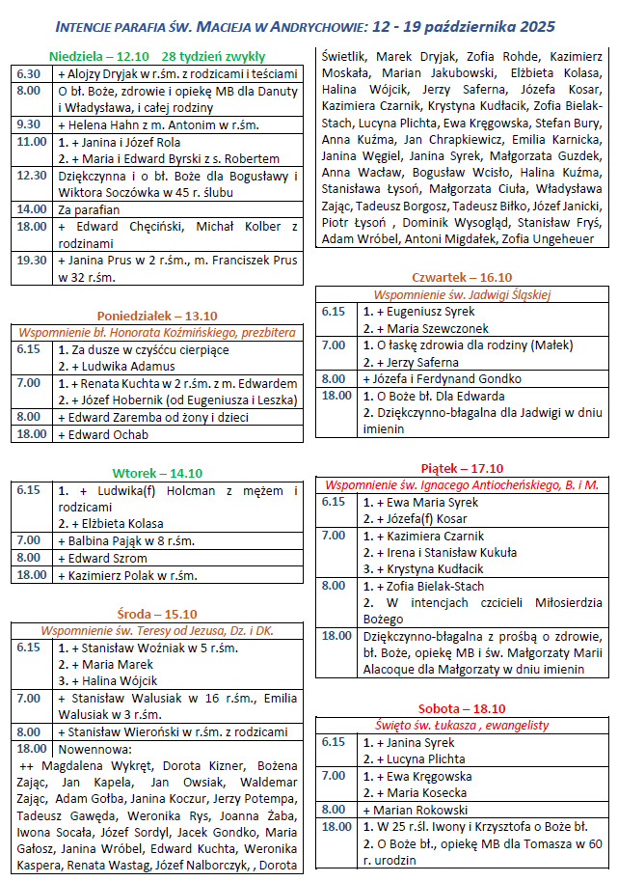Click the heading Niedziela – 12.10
coord(100,57)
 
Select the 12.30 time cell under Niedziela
coord(31,175)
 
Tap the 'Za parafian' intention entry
coord(89,208)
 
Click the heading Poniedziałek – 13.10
coord(157,316)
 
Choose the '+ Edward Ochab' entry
coord(103,434)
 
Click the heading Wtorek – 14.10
coord(157,473)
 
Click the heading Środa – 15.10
coord(157,614)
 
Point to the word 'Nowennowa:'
coord(91,749)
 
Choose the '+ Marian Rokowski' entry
coord(415,810)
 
